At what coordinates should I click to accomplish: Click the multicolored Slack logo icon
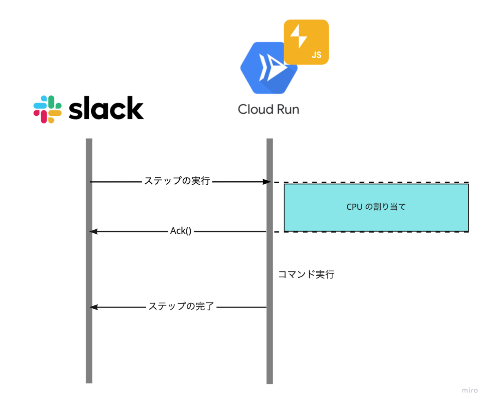(48, 109)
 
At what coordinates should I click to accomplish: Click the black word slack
(106, 108)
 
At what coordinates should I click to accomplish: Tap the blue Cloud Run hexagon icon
(269, 68)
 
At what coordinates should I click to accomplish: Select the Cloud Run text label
(269, 109)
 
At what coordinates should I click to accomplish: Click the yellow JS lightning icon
(306, 42)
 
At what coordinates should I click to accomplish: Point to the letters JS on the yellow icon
(316, 55)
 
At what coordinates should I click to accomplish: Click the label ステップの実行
(177, 181)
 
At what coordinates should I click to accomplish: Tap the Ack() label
(181, 231)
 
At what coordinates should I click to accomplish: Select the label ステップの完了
(181, 306)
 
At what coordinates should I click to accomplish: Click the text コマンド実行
(306, 274)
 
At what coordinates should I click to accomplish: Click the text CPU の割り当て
(376, 206)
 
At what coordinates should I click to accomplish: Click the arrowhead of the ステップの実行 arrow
(267, 182)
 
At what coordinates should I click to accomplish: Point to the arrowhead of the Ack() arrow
(93, 231)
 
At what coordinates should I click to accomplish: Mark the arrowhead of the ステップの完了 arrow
(93, 307)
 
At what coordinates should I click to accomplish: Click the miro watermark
(470, 390)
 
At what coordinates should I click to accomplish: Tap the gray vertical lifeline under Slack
(89, 261)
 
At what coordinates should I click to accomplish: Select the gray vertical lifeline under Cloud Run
(269, 261)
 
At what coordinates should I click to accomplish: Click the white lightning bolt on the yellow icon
(299, 37)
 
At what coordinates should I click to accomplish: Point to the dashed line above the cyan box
(371, 182)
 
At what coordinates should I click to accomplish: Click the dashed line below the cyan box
(371, 232)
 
